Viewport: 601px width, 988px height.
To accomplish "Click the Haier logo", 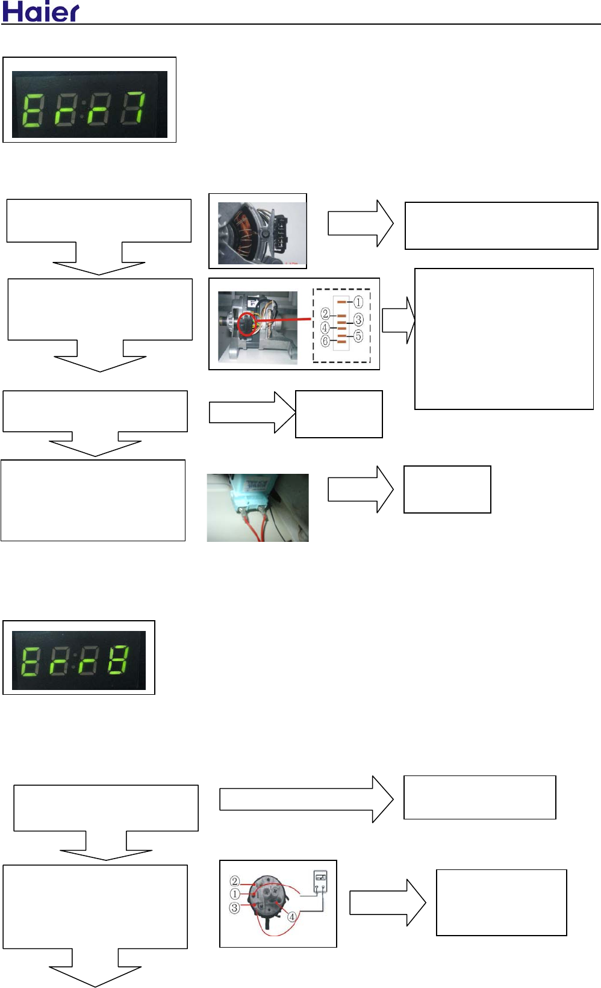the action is pos(40,11).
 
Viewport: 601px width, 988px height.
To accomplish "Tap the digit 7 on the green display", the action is pos(132,109).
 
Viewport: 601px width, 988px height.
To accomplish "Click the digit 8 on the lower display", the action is pos(118,660).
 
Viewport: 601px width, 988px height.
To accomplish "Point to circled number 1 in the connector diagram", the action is pos(358,302).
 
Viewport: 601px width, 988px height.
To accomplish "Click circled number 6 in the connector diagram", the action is pos(325,341).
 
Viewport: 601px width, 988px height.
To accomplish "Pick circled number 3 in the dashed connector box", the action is pos(358,319).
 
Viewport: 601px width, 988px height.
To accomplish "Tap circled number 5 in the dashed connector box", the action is pos(358,336).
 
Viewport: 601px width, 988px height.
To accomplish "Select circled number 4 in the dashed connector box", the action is pos(325,328).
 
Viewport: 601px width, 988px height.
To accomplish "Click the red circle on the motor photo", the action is pos(247,325).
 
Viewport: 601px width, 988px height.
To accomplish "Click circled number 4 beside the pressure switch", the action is pos(291,917).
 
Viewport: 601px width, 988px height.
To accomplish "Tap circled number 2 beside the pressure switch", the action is pos(235,881).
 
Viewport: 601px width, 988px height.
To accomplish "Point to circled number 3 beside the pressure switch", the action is pos(235,907).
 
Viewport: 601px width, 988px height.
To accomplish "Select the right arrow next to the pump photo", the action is pos(360,489).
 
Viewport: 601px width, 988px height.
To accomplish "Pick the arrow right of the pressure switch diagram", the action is pos(387,903).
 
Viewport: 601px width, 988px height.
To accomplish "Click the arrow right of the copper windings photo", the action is pos(360,223).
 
